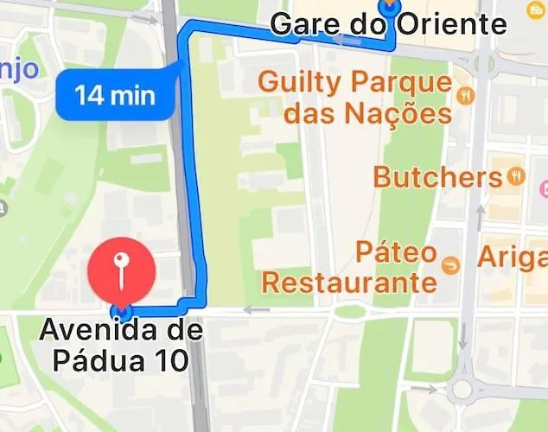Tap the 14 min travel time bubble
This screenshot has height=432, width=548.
114,93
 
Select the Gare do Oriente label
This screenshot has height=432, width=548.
388,23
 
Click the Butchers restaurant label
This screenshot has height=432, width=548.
437,178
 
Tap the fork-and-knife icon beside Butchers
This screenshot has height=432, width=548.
516,176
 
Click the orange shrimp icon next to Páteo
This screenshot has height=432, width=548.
449,266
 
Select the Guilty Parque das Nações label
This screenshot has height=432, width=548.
355,98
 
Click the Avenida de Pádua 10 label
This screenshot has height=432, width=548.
121,345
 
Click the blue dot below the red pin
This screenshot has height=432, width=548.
122,310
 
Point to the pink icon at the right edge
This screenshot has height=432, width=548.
544,187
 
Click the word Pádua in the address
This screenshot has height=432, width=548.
100,359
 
